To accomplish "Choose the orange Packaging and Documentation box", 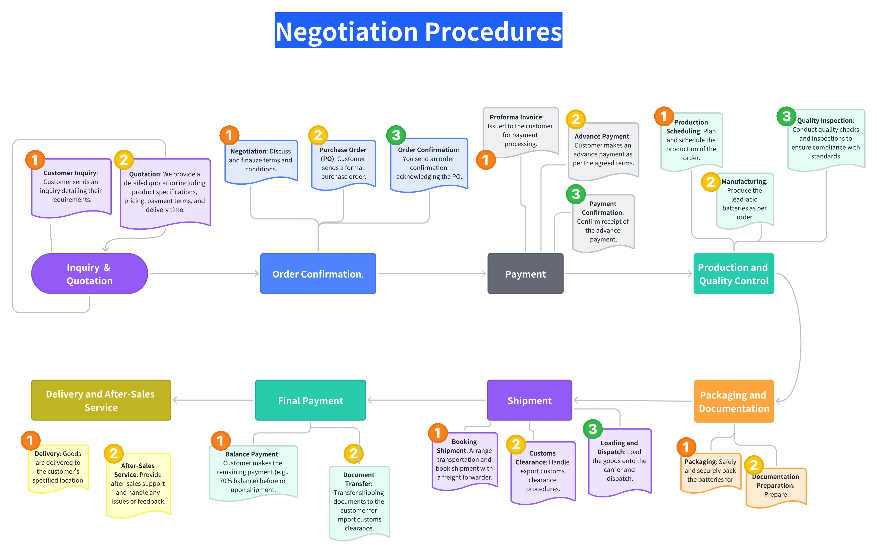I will pos(734,401).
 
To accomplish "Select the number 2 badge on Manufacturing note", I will pos(710,182).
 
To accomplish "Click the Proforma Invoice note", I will pos(520,130).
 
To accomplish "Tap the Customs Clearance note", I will pos(543,471).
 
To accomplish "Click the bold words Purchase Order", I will pos(343,150).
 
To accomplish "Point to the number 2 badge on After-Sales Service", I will pos(114,453).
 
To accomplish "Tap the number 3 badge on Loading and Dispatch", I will pos(592,429).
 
